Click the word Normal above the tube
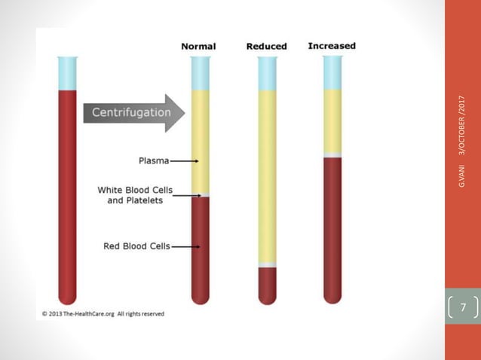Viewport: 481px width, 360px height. pos(198,47)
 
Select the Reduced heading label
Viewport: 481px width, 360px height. pos(266,47)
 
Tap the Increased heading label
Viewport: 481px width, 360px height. pos(332,46)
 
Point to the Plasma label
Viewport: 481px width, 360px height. pos(154,160)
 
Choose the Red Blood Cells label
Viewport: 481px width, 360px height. pos(136,246)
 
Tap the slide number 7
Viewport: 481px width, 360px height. pos(463,307)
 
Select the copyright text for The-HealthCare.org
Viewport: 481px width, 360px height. pos(103,313)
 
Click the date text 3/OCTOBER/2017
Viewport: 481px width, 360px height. pos(462,128)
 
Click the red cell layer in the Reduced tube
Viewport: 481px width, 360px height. pos(267,285)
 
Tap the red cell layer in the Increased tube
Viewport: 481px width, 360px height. pos(332,226)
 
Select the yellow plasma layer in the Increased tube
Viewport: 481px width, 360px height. pos(332,121)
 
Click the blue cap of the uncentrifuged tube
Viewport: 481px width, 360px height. pos(68,73)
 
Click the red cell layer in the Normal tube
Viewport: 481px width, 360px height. pos(200,249)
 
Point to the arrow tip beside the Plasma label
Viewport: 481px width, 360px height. pos(197,160)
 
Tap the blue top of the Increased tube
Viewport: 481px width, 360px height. pos(332,72)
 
